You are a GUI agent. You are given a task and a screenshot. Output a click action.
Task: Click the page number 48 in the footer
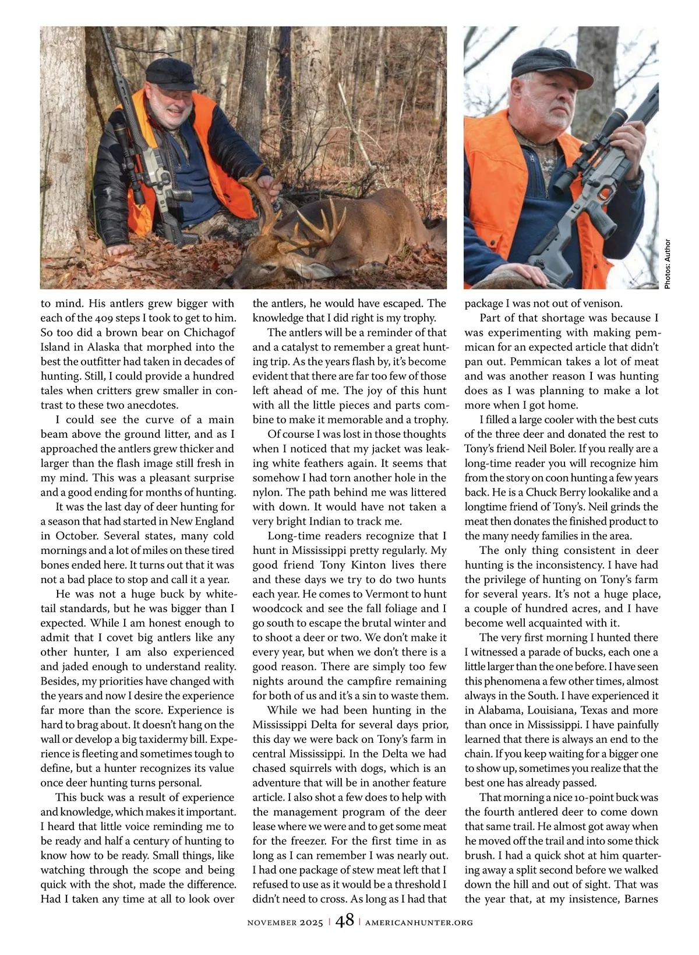point(344,921)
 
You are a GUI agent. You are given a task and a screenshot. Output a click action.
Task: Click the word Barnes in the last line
point(641,898)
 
